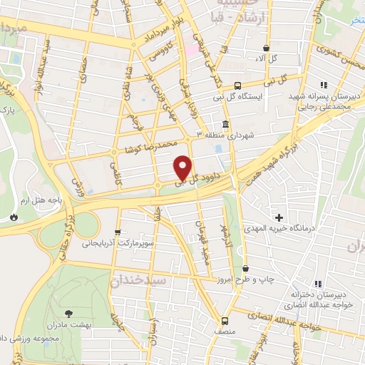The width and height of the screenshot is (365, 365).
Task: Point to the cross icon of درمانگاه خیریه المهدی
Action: (279, 217)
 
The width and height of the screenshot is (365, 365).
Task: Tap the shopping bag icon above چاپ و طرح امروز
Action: (246, 269)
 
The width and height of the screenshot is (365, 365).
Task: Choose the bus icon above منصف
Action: (225, 321)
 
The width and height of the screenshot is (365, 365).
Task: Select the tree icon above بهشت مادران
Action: (68, 313)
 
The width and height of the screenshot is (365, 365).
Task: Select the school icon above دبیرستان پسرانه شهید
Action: (324, 84)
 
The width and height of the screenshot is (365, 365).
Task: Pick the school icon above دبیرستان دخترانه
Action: (318, 284)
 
